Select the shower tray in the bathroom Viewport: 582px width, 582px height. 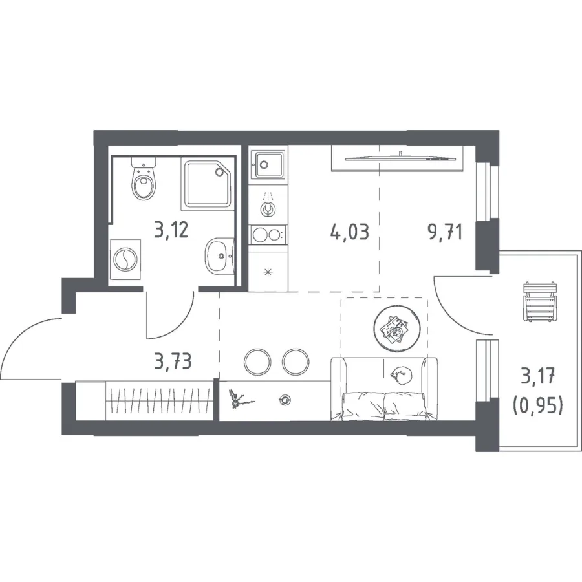207,184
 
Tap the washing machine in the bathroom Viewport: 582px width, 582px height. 125,259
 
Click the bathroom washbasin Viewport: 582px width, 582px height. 219,256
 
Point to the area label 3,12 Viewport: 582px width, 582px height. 172,230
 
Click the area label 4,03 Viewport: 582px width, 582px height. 350,232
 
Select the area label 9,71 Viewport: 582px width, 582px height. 445,233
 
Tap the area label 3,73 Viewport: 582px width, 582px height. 173,361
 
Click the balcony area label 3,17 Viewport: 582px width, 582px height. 537,378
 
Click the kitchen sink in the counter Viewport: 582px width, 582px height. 268,164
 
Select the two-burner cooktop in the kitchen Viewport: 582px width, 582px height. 268,235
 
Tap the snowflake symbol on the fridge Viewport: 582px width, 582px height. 267,273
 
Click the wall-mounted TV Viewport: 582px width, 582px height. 400,158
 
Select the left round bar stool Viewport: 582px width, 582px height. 257,361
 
